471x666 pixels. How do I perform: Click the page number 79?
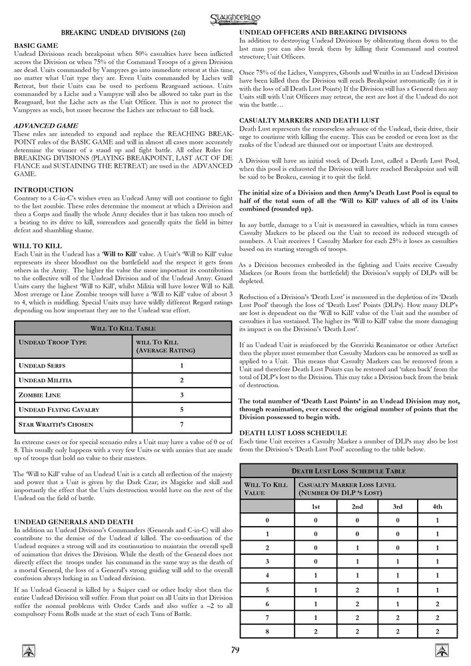click(236, 650)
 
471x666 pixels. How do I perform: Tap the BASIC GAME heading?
click(36, 45)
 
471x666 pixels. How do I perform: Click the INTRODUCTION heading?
click(43, 190)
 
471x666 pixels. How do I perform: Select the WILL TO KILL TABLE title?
click(123, 328)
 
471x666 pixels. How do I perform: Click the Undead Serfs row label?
click(41, 365)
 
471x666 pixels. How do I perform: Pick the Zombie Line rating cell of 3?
click(182, 394)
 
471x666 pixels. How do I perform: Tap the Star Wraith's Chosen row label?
click(55, 424)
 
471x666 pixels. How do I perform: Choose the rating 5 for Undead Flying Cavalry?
click(182, 410)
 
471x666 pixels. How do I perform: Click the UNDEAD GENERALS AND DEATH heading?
click(72, 520)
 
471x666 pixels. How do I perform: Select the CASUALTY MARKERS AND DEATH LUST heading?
click(308, 119)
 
